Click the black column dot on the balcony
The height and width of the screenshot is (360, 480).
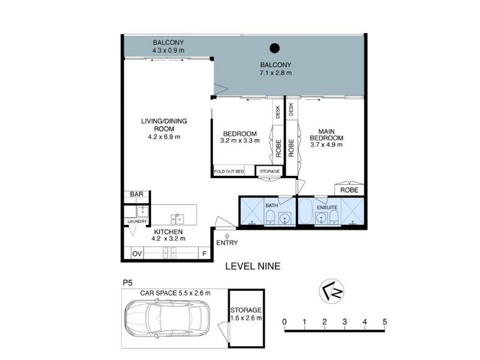(275, 48)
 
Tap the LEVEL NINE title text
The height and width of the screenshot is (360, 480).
(253, 266)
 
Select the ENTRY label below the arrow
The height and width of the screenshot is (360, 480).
(227, 243)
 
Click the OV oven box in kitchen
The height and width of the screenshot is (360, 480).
(137, 254)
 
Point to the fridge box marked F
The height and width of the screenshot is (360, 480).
(205, 254)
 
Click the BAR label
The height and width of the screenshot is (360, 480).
(137, 194)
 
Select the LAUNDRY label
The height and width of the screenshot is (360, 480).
(137, 221)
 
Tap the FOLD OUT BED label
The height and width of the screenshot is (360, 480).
(229, 172)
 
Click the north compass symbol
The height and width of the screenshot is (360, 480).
(332, 291)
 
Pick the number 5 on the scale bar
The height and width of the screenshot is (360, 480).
(385, 322)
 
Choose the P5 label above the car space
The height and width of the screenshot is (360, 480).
(128, 283)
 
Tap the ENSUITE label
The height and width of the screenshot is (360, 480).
(327, 208)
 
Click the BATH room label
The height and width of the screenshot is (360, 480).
(272, 205)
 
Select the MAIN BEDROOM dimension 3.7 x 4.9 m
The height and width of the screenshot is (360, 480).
(326, 145)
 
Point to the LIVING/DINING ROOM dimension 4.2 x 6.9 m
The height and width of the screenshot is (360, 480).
(164, 137)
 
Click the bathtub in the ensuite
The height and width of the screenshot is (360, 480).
(305, 211)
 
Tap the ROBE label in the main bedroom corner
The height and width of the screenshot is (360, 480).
(349, 190)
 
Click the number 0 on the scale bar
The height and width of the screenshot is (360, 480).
(284, 322)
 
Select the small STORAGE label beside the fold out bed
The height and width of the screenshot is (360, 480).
(269, 172)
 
